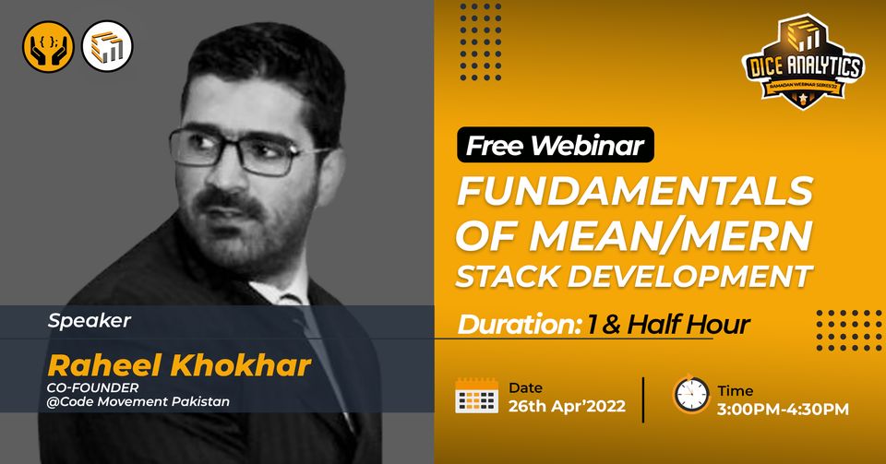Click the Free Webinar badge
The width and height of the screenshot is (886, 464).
click(x=555, y=145)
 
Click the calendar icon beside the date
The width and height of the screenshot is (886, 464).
click(x=476, y=397)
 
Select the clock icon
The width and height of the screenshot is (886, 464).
click(x=690, y=395)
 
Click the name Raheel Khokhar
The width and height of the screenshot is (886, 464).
click(x=179, y=365)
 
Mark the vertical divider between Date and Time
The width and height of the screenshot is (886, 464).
click(x=643, y=399)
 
